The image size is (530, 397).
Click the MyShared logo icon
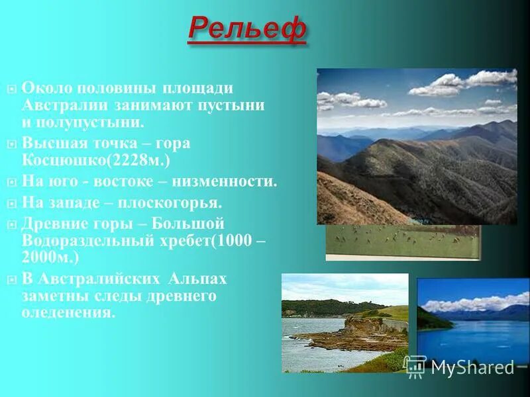[x=415, y=366]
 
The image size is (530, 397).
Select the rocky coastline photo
[x=344, y=323]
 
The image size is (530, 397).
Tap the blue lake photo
[x=473, y=318]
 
